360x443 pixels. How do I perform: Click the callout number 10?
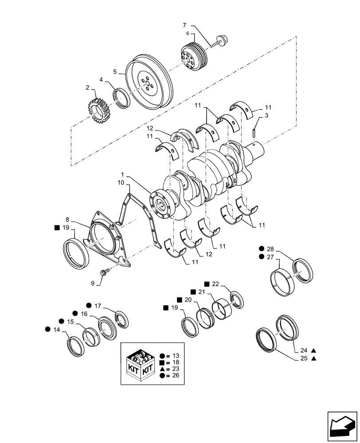(x=121, y=183)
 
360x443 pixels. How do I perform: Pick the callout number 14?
(x=56, y=329)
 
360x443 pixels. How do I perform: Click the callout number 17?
(x=98, y=305)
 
